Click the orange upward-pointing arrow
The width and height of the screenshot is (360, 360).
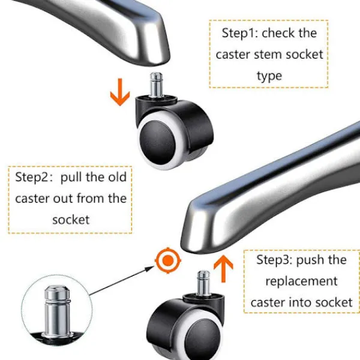224,268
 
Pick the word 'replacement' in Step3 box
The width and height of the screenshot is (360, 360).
302,281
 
